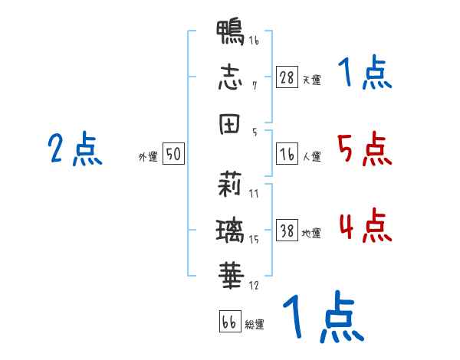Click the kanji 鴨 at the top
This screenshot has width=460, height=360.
231,34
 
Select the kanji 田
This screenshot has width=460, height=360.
231,124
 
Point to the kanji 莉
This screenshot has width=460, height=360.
231,184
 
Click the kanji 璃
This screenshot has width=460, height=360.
231,228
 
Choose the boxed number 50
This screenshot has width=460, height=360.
173,154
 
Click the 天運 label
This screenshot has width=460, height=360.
311,80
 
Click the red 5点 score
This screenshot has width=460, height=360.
365,149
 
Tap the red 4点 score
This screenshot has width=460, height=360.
365,225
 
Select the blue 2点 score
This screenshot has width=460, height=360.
75,149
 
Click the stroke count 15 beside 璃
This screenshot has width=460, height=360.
254,240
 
